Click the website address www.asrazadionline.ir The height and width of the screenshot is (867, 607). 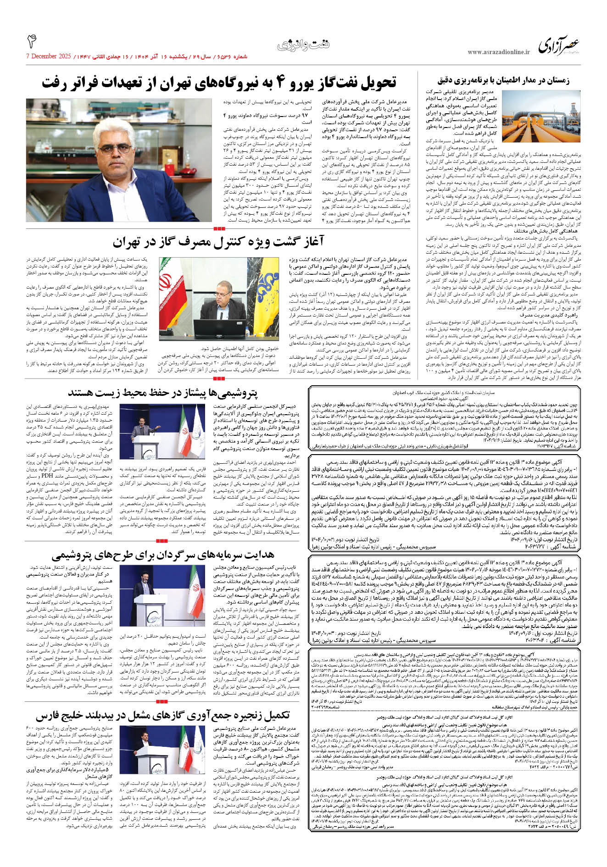pyautogui.click(x=499, y=52)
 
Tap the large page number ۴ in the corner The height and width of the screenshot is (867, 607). pyautogui.click(x=32, y=42)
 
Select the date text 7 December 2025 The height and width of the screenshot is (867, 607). pyautogui.click(x=49, y=57)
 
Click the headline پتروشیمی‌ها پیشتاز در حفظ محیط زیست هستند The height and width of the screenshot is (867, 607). pyautogui.click(x=163, y=393)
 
